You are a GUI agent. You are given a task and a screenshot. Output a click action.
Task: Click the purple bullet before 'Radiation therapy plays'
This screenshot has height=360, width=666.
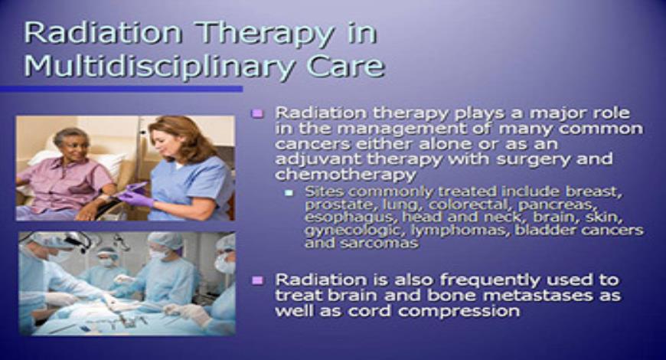[258, 113]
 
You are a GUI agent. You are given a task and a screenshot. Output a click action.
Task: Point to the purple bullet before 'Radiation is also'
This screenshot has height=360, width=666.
[258, 280]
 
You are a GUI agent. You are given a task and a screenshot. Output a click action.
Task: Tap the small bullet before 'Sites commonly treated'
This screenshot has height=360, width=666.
[289, 192]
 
